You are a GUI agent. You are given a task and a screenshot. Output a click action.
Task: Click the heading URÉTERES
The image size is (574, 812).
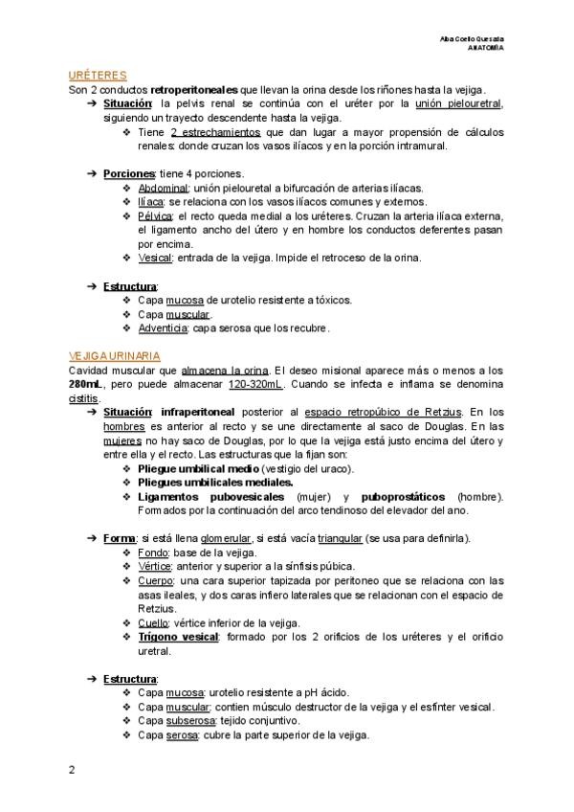(x=99, y=74)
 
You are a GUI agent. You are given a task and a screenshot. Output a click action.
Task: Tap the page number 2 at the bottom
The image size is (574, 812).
(x=71, y=768)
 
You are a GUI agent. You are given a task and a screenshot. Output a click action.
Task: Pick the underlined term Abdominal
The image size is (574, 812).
(x=163, y=189)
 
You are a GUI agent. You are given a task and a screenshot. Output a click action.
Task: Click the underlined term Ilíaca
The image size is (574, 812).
(x=150, y=202)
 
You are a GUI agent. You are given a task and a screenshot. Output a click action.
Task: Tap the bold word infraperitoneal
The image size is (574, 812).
(x=198, y=412)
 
